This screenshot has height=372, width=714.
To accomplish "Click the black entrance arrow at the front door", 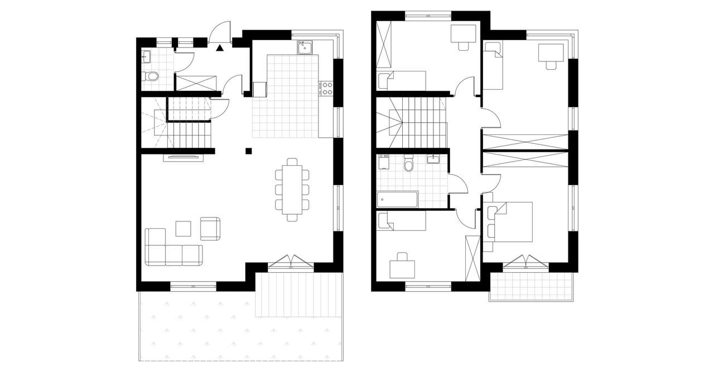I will point(220,48).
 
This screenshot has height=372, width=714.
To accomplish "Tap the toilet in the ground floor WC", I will point(151,76).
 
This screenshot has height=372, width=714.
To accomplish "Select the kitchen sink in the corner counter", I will point(305,47).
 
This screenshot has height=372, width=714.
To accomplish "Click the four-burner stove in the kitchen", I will point(326,88).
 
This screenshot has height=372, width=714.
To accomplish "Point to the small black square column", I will point(248,150).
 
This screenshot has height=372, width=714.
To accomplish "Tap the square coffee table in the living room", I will point(183,229).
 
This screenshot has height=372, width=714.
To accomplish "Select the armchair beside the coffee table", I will point(210,228).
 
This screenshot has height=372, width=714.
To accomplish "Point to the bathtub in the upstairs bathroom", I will point(397,200).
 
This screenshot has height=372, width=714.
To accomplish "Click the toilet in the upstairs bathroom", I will point(408,164).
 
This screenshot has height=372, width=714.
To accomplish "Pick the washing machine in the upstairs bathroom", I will point(383,162).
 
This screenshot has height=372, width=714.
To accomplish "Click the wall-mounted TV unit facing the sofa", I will point(182,158).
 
